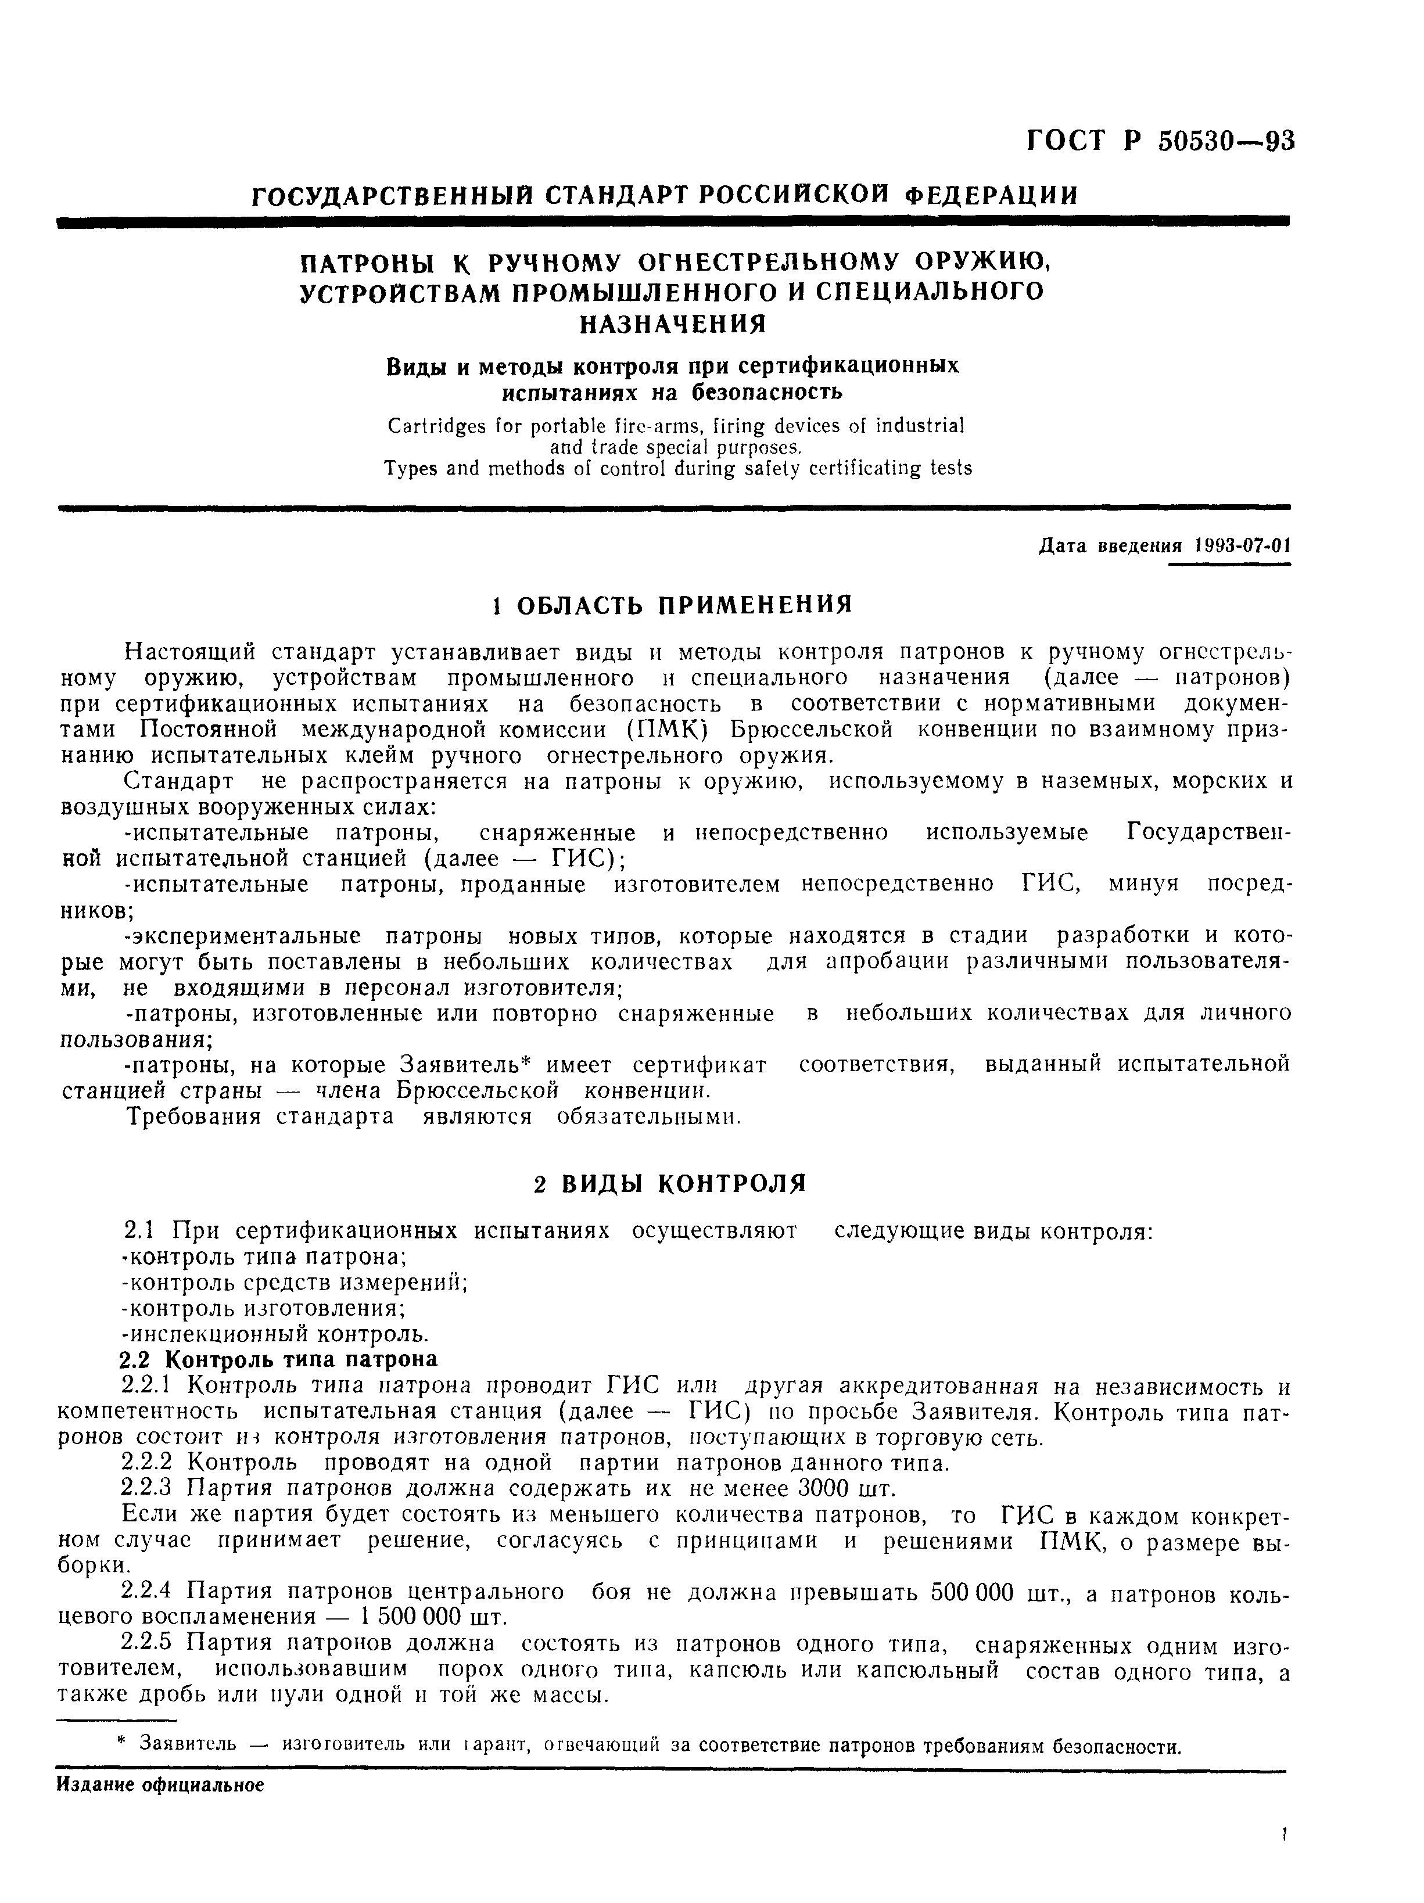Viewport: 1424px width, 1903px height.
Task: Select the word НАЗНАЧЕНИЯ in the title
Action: [671, 324]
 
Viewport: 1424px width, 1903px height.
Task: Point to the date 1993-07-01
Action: [1242, 546]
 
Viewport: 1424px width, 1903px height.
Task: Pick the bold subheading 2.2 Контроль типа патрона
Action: [277, 1359]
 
